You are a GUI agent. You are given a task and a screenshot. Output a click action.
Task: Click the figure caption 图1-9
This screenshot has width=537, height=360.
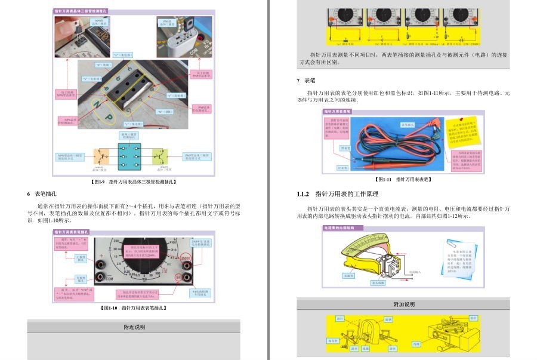pyautogui.click(x=134, y=181)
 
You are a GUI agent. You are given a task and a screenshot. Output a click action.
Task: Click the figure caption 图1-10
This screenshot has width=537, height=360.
pyautogui.click(x=134, y=307)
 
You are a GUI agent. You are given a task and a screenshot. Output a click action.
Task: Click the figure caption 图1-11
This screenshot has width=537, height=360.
pyautogui.click(x=403, y=179)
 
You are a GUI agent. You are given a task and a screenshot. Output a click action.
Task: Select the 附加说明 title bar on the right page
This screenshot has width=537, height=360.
pyautogui.click(x=403, y=304)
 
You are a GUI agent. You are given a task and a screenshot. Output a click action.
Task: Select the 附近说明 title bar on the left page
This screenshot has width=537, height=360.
pyautogui.click(x=134, y=327)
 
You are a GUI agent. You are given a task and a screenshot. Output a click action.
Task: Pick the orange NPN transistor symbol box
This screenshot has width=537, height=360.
pyautogui.click(x=100, y=157)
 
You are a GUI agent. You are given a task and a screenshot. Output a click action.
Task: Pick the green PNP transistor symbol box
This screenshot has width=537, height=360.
pyautogui.click(x=161, y=157)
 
